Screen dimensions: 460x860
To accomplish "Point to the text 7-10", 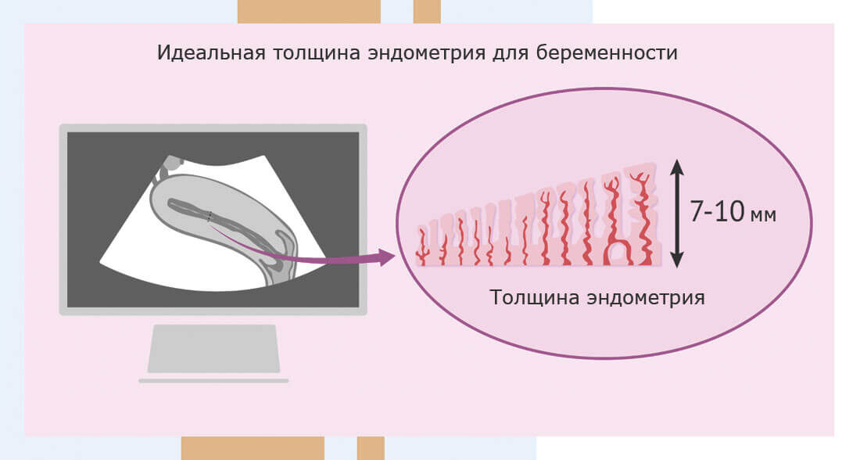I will pos(716,212).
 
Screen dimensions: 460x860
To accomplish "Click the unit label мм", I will pos(762,215).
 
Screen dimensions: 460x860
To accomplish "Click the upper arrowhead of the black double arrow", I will pos(677,166).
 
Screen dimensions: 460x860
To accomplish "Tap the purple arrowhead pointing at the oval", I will pos(385,257).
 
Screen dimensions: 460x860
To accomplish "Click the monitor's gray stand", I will pos(213,348).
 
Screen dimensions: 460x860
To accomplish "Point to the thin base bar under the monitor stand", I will pos(213,381).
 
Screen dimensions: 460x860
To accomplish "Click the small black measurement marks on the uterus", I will pos(210,217).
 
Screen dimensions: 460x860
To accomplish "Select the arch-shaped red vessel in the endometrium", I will pos(618,251).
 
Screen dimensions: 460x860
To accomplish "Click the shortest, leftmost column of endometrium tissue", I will pos(422,245).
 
